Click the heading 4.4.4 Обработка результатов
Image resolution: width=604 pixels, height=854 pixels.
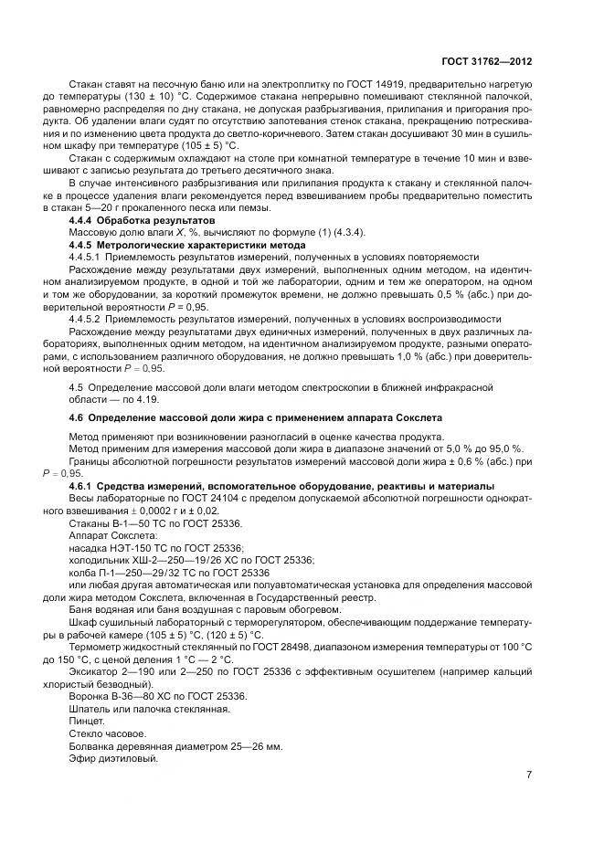coord(143,221)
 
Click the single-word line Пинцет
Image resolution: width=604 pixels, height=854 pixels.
coord(87,721)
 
